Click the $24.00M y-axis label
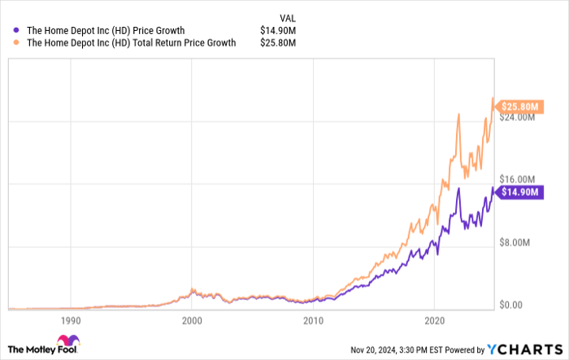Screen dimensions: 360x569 pos(517,117)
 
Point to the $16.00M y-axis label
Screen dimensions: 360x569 pos(517,179)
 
